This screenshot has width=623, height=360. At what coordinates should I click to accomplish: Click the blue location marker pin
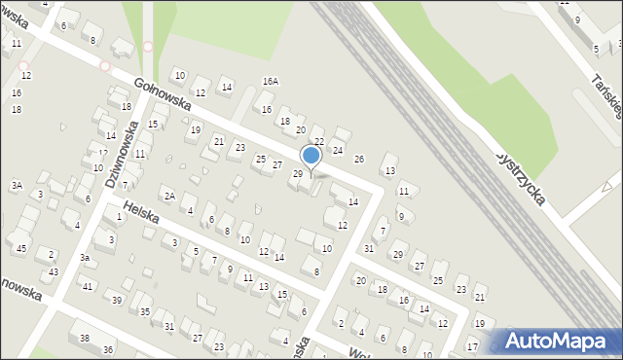311,156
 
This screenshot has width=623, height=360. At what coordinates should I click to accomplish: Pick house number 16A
270,81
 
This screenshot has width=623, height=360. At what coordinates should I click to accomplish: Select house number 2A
168,196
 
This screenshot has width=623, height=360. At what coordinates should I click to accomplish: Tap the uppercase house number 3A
17,185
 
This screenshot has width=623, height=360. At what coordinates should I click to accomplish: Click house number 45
21,248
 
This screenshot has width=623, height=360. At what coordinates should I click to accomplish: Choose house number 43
54,271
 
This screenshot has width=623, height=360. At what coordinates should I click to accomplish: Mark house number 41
88,286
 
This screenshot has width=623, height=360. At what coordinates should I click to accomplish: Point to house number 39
117,300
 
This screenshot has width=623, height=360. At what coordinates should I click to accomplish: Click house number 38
85,338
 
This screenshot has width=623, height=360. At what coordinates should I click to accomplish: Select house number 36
108,349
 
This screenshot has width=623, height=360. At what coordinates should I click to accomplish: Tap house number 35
144,311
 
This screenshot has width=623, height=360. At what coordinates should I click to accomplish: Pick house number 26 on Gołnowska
358,159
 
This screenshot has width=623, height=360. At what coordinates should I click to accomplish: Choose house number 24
338,150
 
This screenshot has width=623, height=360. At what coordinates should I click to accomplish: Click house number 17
471,346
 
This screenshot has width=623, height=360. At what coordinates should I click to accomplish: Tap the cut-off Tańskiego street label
605,92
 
